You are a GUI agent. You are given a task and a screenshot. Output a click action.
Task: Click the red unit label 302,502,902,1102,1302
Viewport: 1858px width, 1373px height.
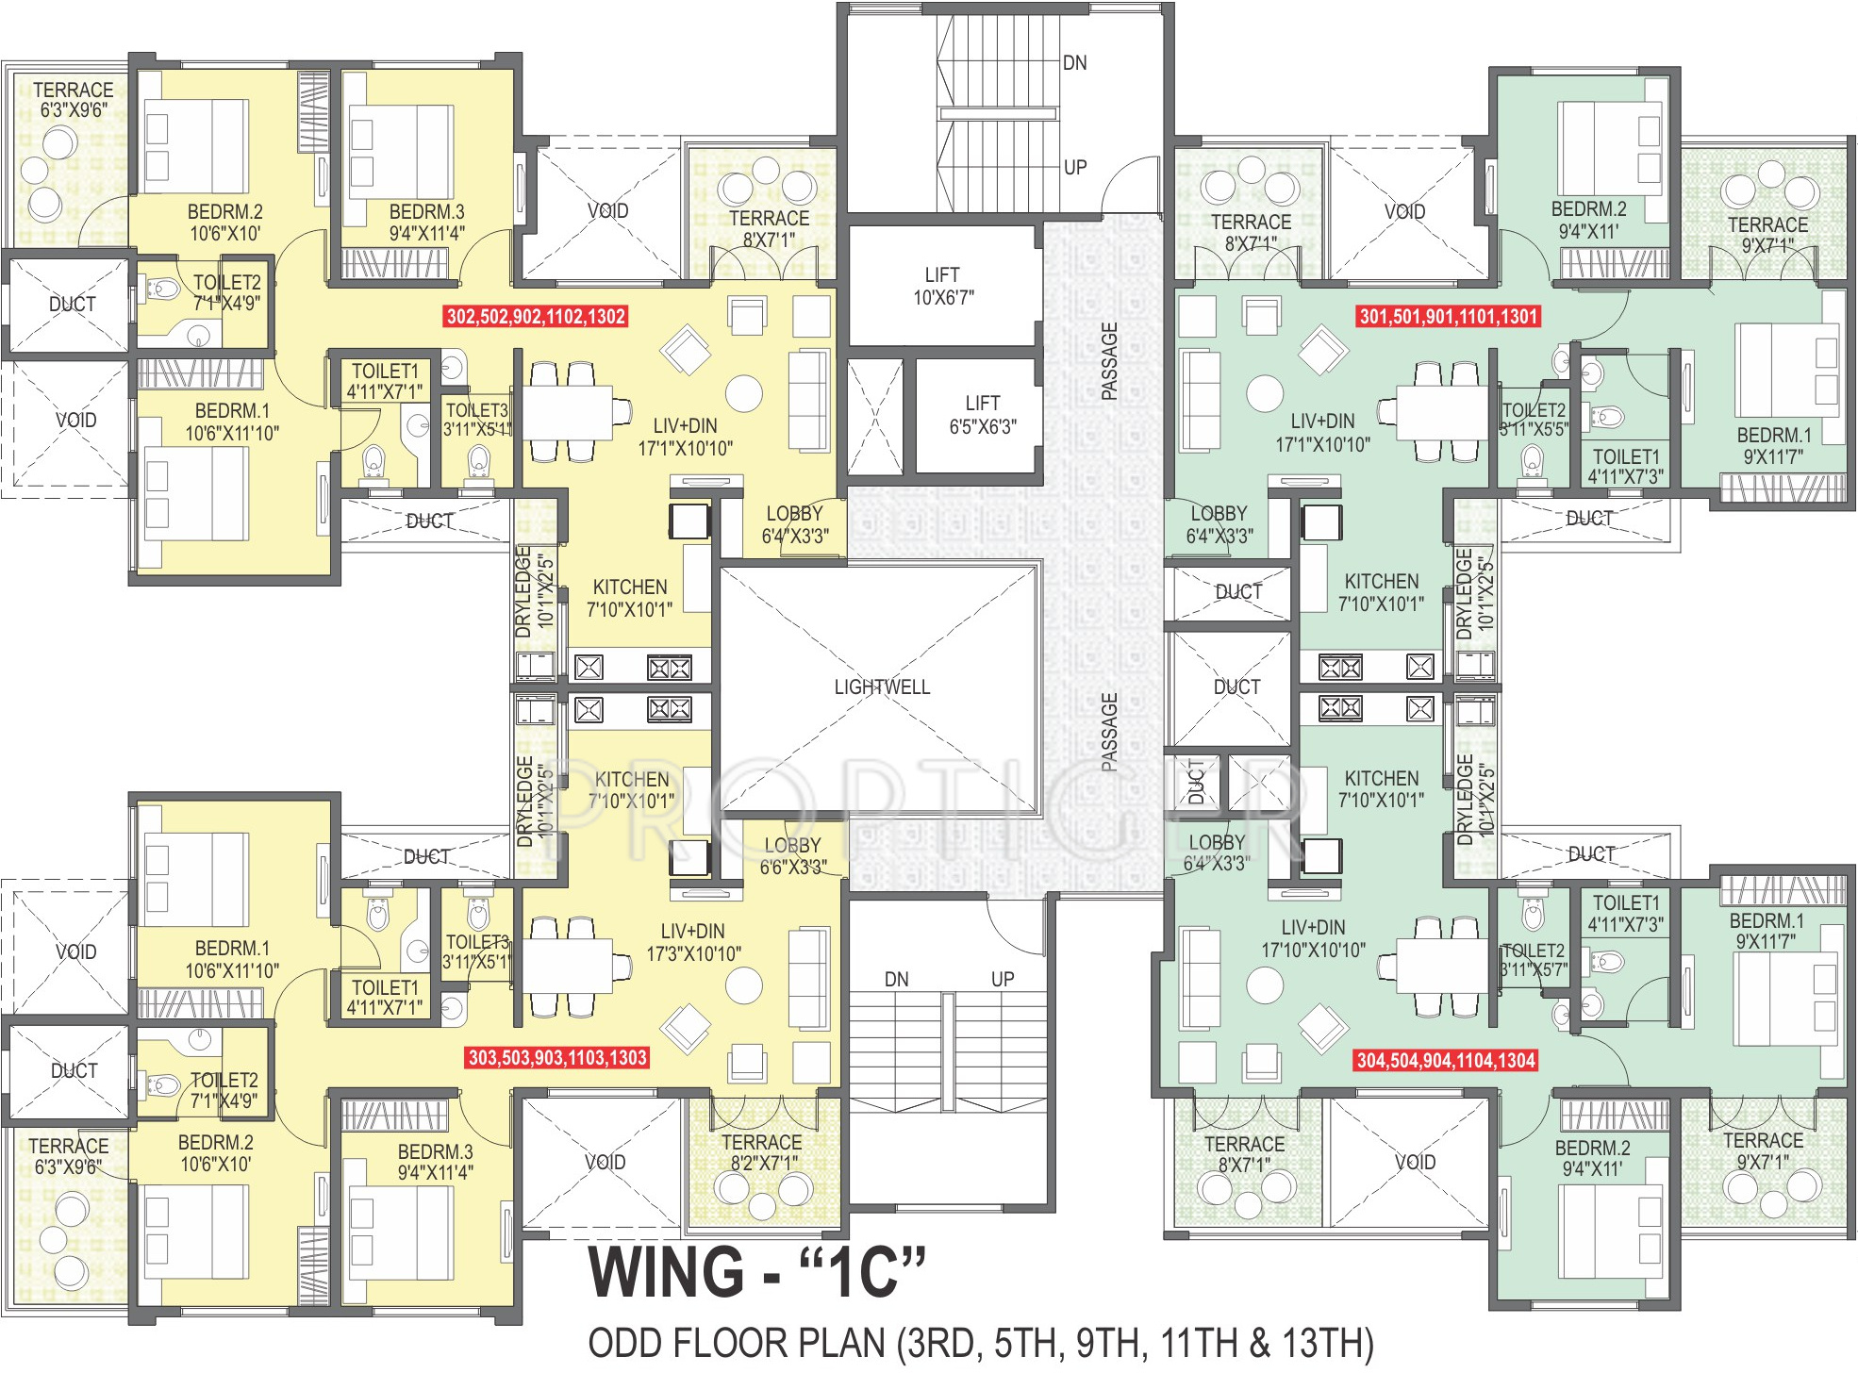536,317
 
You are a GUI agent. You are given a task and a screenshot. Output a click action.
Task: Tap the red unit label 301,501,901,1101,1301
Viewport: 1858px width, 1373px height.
1448,317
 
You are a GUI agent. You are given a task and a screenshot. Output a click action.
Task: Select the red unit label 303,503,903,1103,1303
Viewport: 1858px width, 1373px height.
557,1058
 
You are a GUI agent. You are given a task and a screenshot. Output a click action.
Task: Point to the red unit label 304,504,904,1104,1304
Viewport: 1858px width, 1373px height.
1446,1061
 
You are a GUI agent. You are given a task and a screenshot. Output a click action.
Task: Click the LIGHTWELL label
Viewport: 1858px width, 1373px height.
882,687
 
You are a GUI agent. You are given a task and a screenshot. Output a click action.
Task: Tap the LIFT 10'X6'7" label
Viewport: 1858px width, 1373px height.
942,286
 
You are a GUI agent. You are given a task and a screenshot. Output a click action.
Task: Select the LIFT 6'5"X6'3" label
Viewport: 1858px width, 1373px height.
983,415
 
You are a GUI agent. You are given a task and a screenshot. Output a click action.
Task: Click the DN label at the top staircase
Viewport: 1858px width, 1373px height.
1074,63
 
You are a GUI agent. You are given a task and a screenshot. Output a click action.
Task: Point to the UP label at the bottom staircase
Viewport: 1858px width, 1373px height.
1003,980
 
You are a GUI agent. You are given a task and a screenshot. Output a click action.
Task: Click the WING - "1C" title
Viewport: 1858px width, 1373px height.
756,1272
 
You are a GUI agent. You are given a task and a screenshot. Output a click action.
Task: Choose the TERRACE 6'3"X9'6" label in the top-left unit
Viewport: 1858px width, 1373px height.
73,100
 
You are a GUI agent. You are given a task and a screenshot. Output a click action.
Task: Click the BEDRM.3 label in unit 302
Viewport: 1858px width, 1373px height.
426,223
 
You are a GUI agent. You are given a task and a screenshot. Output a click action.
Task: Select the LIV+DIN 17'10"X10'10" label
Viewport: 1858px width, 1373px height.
1313,939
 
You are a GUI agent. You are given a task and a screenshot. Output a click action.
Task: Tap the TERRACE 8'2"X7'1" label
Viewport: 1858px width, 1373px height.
761,1152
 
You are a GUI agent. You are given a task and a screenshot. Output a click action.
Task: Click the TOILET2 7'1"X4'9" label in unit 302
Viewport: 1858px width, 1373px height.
226,292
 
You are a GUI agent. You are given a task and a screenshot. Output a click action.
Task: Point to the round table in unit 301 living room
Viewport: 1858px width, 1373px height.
1265,393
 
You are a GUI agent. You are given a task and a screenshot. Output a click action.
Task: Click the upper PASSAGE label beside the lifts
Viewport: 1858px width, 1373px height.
1109,361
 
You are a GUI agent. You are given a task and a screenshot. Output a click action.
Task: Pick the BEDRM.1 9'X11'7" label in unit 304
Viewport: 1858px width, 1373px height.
1766,931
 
